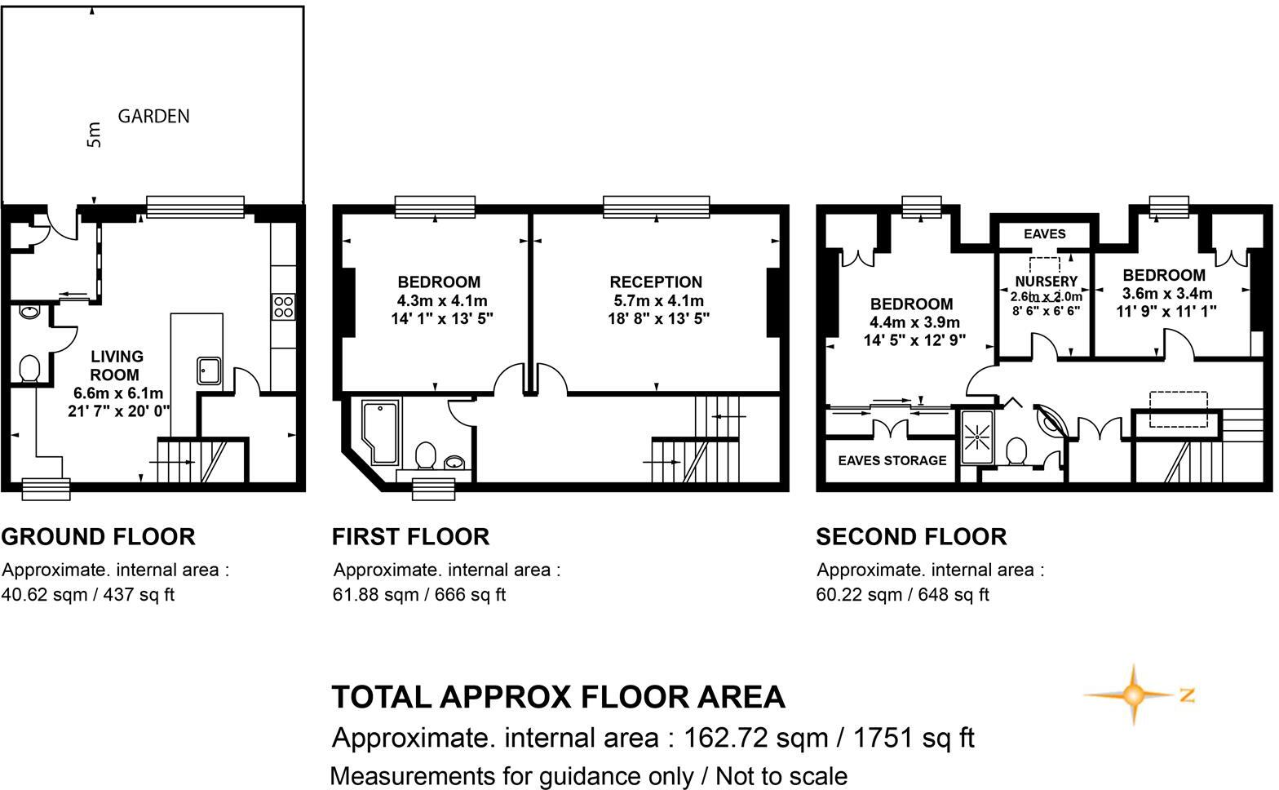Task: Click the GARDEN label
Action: [153, 116]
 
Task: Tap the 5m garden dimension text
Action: [95, 135]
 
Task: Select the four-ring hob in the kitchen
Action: [283, 307]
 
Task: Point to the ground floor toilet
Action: [29, 368]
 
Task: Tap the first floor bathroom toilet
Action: [425, 455]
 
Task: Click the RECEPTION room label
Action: [656, 282]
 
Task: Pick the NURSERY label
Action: [1046, 282]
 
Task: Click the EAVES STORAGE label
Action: [892, 460]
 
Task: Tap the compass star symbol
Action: [1133, 695]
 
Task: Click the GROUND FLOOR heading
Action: [98, 537]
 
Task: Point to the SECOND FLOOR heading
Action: [911, 537]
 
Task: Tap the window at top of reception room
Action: [656, 206]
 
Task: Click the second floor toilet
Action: [1016, 450]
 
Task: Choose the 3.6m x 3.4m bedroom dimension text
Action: [1164, 293]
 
